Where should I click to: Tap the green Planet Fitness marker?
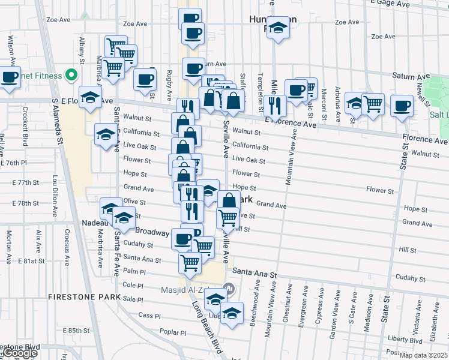click(x=71, y=76)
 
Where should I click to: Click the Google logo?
click(x=19, y=353)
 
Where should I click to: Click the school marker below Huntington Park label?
click(x=277, y=29)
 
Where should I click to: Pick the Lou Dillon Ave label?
click(x=54, y=196)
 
